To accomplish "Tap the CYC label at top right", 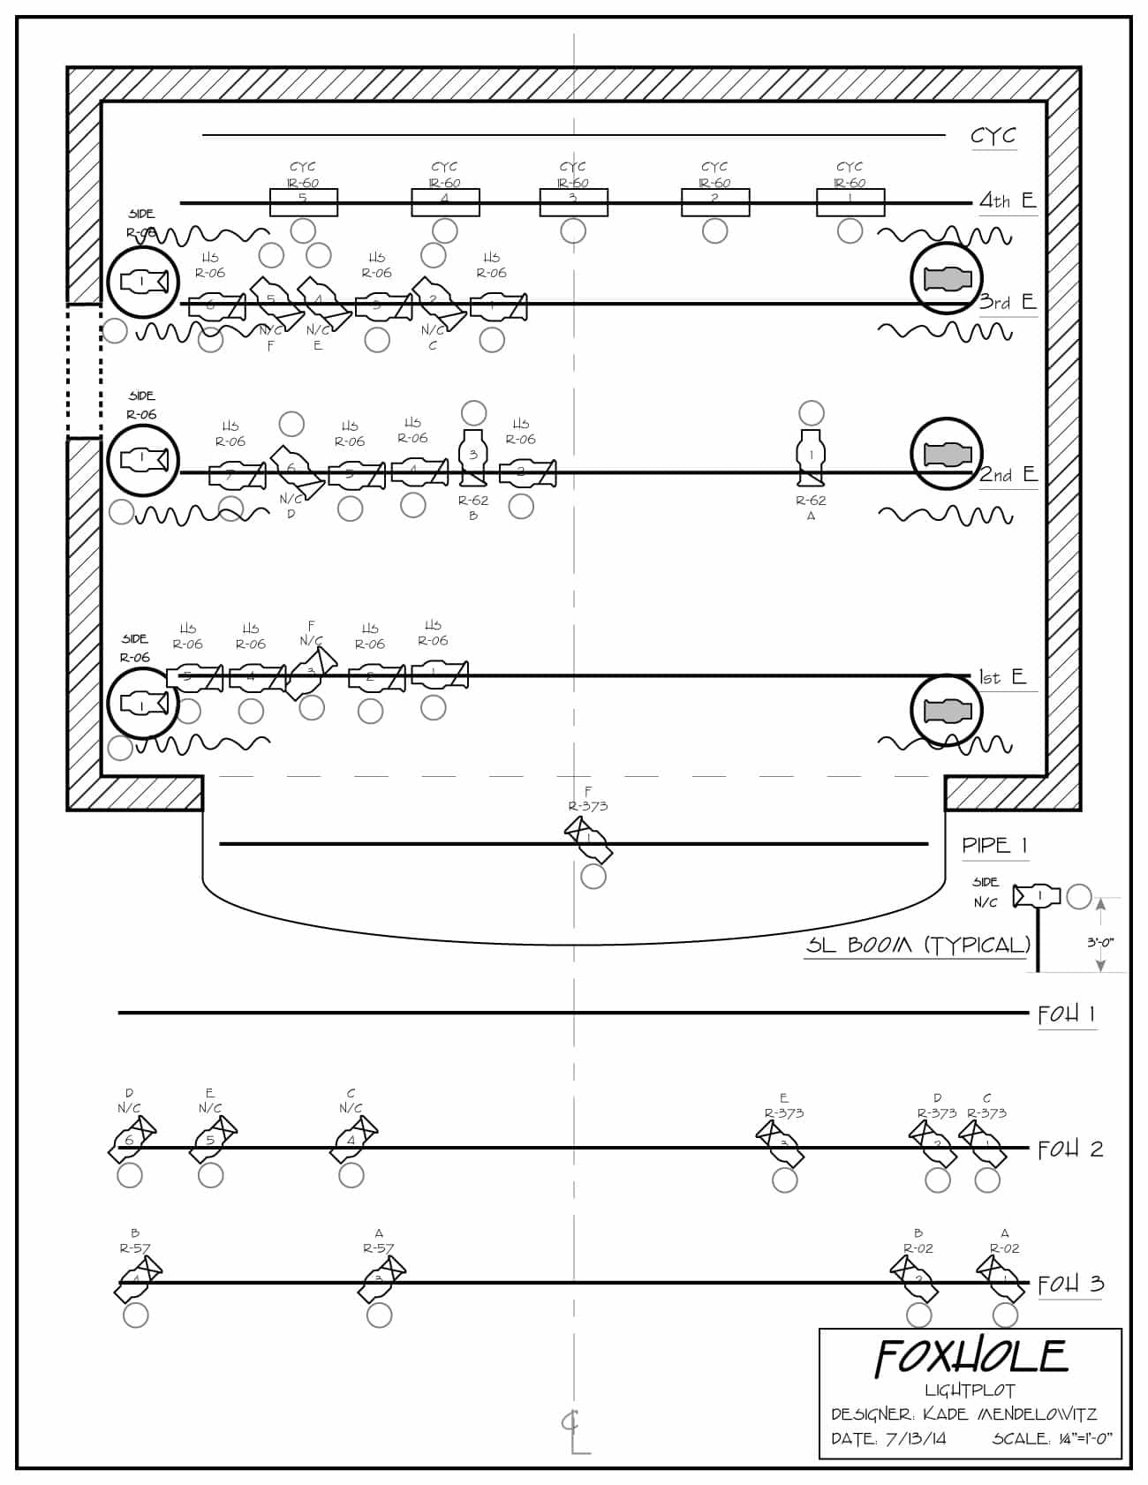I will click(x=993, y=136).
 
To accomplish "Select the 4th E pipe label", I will click(x=1008, y=200).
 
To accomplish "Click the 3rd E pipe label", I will click(x=1008, y=302).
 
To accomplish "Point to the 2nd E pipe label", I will click(x=1008, y=474).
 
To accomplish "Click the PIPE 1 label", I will click(x=994, y=845).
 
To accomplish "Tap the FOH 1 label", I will click(x=1067, y=1014).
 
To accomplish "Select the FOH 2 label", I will click(x=1070, y=1149).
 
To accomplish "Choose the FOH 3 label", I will click(x=1070, y=1284).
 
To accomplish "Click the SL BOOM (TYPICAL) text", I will click(x=918, y=945).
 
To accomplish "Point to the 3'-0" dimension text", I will click(x=1100, y=942).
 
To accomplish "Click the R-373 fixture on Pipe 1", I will click(x=589, y=838).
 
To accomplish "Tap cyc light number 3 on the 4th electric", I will click(x=573, y=202).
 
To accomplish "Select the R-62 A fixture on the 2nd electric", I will click(x=811, y=456).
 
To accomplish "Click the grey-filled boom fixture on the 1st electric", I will click(x=947, y=710).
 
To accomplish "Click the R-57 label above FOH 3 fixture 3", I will click(x=379, y=1248).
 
